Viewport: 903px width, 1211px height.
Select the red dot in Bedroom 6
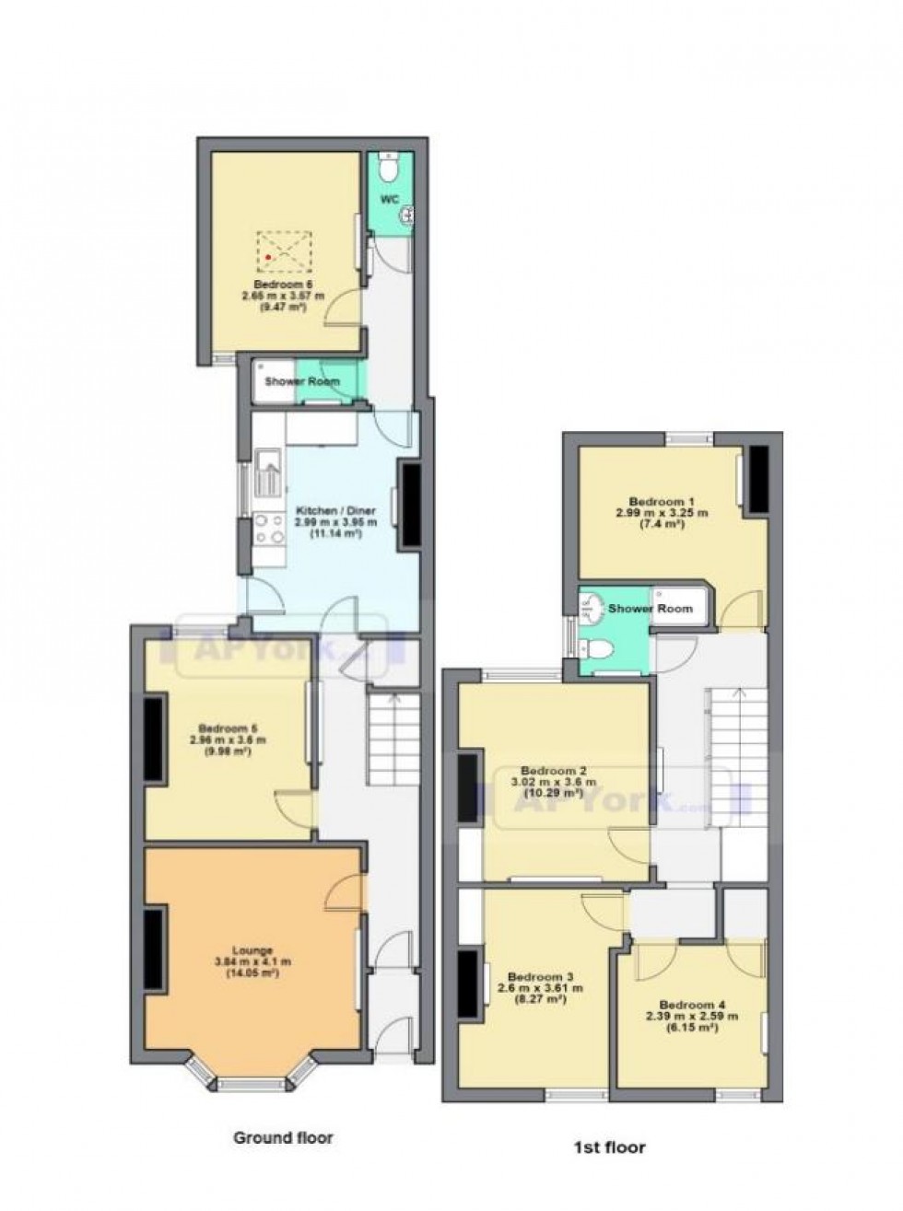click(268, 257)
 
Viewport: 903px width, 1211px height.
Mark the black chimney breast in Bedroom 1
click(757, 479)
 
